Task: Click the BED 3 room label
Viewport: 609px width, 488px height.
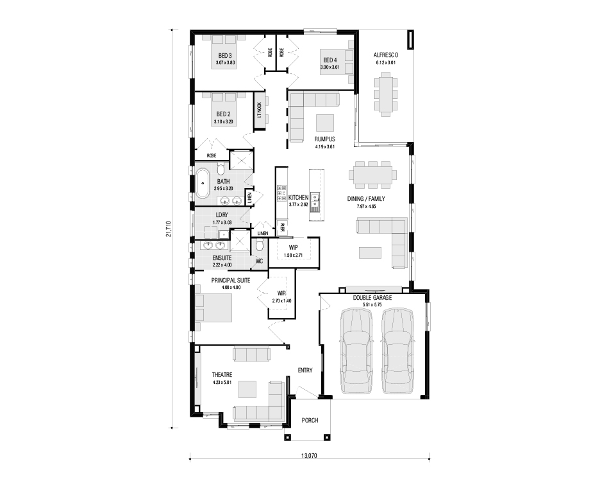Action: [225, 56]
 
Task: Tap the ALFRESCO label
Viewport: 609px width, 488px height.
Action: [386, 55]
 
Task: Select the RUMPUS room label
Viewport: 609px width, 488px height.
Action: [325, 139]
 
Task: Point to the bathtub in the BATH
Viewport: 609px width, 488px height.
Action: [202, 183]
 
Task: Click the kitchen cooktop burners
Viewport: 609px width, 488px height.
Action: [281, 193]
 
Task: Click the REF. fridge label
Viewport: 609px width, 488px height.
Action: [282, 227]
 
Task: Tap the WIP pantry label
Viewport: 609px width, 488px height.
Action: [293, 247]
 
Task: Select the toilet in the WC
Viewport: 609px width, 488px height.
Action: [260, 245]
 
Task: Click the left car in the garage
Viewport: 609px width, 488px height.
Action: [356, 351]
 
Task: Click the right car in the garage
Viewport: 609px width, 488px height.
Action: [397, 351]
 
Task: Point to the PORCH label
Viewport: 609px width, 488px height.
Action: [310, 421]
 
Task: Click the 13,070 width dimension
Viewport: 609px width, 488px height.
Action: [309, 456]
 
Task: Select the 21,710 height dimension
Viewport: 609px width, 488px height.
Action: [168, 229]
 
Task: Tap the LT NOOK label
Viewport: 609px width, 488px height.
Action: [260, 110]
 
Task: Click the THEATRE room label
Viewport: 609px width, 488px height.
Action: [222, 375]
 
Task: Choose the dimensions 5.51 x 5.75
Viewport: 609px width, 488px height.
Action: [372, 305]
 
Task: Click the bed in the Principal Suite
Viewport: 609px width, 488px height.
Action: [213, 308]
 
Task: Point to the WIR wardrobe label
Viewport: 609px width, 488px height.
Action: [281, 293]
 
